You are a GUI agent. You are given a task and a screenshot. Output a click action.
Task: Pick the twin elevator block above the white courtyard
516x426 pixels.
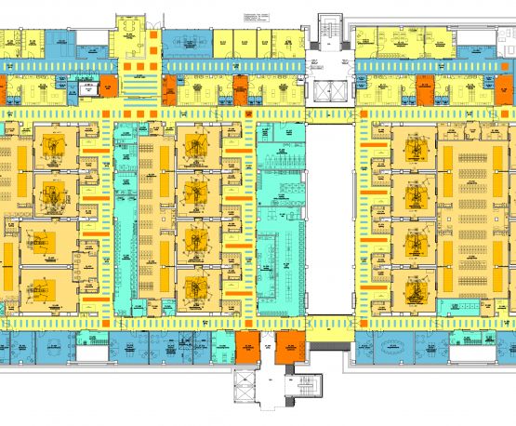(330, 91)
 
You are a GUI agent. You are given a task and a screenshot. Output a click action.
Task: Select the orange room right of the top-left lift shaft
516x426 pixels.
(108, 90)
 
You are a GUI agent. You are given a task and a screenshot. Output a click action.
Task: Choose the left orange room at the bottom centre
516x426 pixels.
(248, 347)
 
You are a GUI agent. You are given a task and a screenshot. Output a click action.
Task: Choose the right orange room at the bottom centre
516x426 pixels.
(289, 347)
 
